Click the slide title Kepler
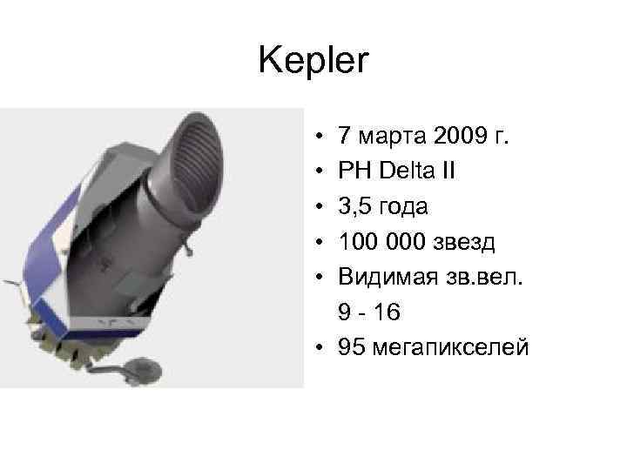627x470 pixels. tap(314, 60)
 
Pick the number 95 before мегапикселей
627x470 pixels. tap(352, 349)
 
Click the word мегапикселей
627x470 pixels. tap(449, 349)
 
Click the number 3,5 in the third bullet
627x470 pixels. tap(355, 207)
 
